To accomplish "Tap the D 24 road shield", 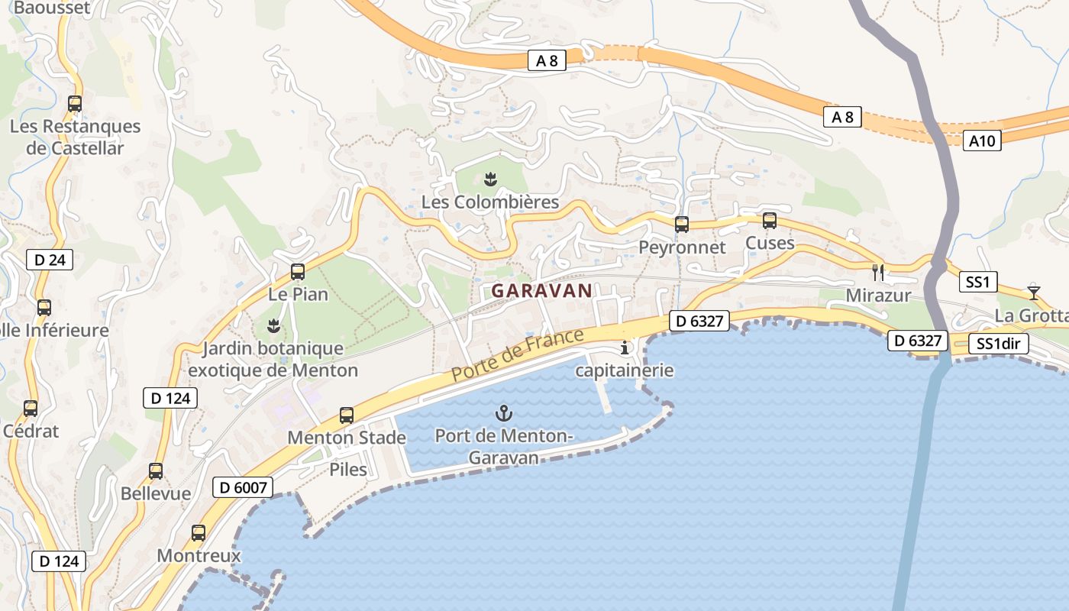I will pyautogui.click(x=50, y=260).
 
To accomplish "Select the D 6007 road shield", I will pyautogui.click(x=242, y=487).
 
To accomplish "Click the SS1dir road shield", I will pyautogui.click(x=998, y=344).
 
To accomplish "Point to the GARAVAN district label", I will pyautogui.click(x=542, y=291).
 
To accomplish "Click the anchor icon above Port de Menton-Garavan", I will pyautogui.click(x=503, y=414).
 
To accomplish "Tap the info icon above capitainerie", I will pyautogui.click(x=625, y=348).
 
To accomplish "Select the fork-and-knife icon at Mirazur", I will pyautogui.click(x=878, y=272).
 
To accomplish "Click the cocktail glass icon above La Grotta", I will pyautogui.click(x=1033, y=292).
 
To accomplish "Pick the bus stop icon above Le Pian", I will pyautogui.click(x=298, y=272).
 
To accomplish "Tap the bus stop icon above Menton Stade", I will pyautogui.click(x=347, y=415).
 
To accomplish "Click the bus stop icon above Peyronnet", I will pyautogui.click(x=681, y=225).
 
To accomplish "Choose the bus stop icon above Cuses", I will pyautogui.click(x=769, y=221).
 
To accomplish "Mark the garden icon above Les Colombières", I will pyautogui.click(x=490, y=179).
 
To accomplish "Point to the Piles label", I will pyautogui.click(x=348, y=469).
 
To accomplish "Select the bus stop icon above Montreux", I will pyautogui.click(x=199, y=533).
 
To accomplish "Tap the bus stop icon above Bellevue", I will pyautogui.click(x=156, y=471).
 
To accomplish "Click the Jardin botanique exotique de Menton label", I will pyautogui.click(x=273, y=360).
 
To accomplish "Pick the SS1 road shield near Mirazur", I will pyautogui.click(x=977, y=283).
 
